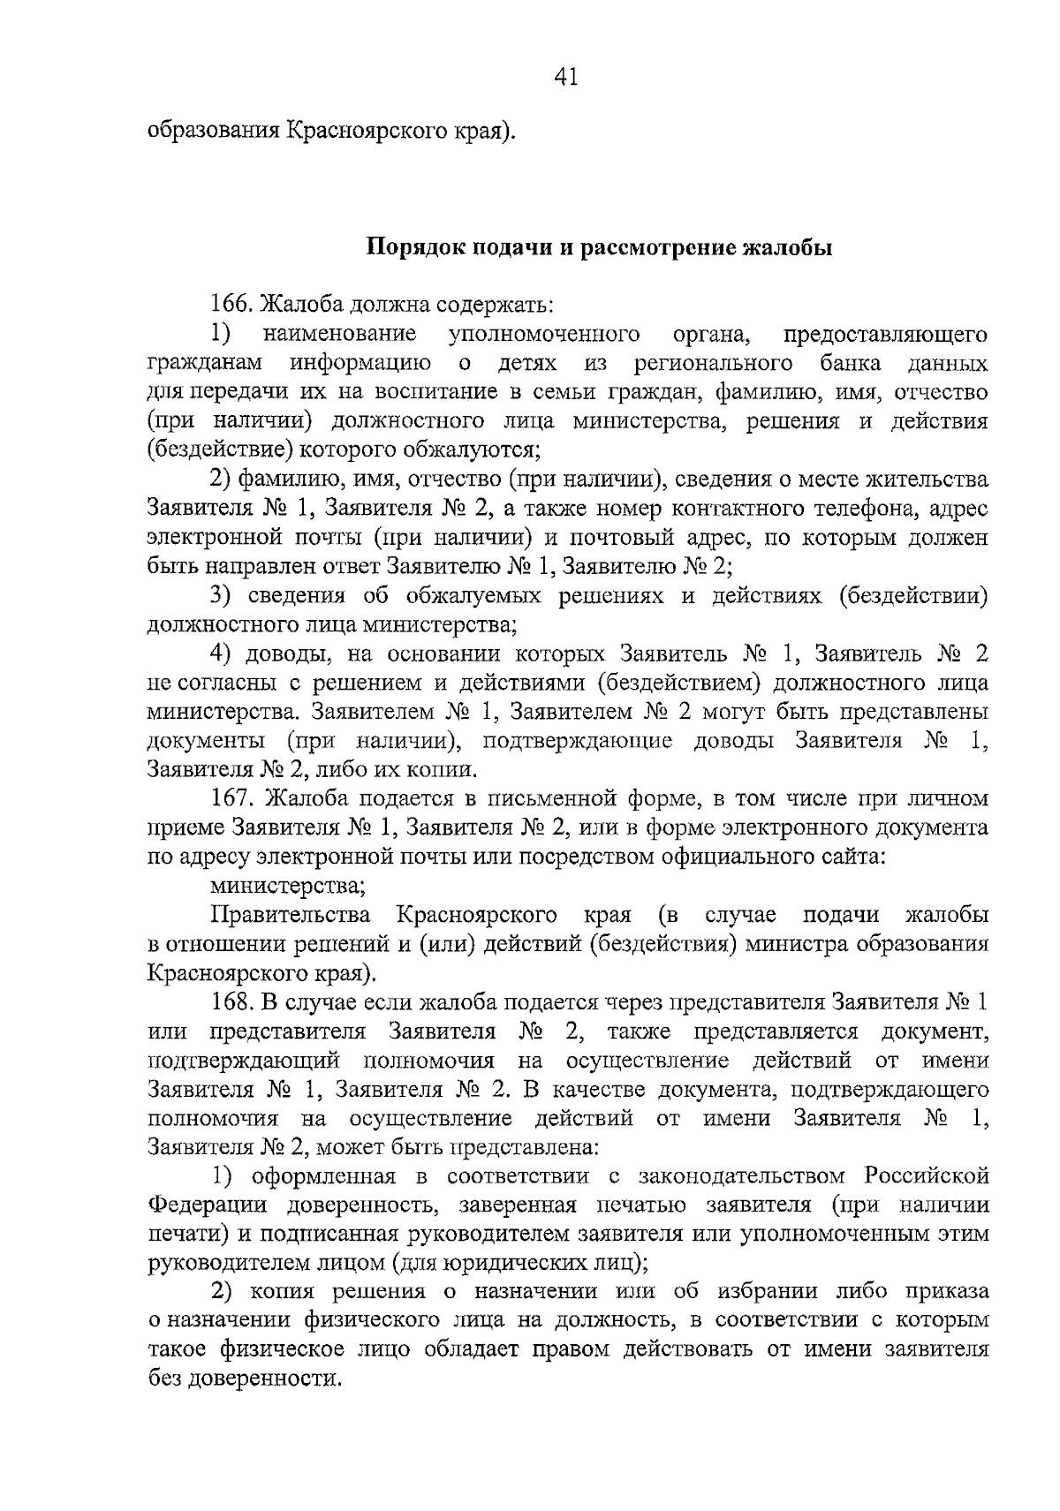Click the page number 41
coord(565,78)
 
